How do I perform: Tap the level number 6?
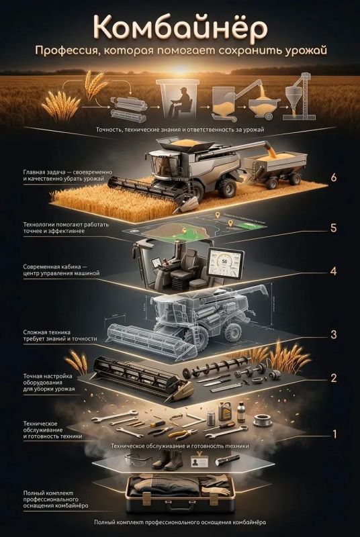[333, 178]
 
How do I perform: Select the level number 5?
[333, 228]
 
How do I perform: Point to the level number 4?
[333, 271]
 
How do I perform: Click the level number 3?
[333, 334]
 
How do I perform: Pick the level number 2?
[333, 378]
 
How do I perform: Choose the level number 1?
[334, 434]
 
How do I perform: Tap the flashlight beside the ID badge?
[227, 460]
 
